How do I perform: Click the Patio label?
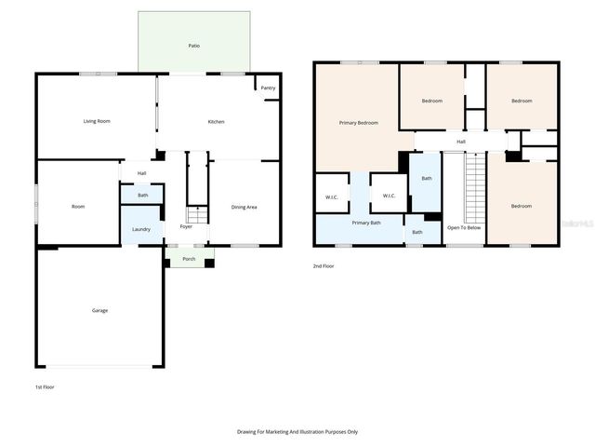coord(193,46)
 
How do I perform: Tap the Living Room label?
coord(97,121)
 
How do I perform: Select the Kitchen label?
coord(216,122)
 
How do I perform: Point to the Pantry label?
coord(268,88)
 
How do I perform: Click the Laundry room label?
coord(141,229)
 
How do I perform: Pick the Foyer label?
coord(186,226)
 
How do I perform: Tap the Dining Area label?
coord(245,207)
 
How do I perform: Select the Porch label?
coord(189,259)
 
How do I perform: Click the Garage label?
coord(99,310)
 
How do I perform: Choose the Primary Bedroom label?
coord(358,123)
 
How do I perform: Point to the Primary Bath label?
coord(365,223)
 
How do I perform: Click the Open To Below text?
coord(464,227)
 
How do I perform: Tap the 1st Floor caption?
coord(44,386)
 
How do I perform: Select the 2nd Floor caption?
coord(324,266)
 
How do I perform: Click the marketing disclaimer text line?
coord(297,432)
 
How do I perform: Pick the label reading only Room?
coord(78,207)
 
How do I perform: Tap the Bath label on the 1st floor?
coord(142,196)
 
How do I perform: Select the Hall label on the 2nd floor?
coord(461,142)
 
